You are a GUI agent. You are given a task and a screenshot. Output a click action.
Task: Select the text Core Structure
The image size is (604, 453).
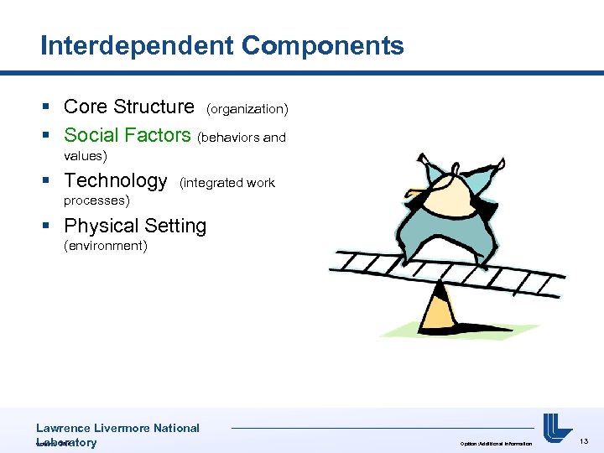pos(128,107)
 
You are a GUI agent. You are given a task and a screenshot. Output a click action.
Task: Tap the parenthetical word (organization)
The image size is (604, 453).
pos(247,109)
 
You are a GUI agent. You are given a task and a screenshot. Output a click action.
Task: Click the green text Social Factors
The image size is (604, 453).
pos(128,135)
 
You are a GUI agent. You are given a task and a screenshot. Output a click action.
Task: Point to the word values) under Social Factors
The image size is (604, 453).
pos(86,156)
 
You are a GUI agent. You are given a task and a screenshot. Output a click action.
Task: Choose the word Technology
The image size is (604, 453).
pos(116,180)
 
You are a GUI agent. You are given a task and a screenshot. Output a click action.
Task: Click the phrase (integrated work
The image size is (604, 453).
pos(227,183)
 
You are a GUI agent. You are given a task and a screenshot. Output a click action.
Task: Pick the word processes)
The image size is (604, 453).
pos(96,201)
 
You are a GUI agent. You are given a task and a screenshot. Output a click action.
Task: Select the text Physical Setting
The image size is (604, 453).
pos(135,226)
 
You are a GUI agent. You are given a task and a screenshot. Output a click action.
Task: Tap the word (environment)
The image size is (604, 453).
pos(106,247)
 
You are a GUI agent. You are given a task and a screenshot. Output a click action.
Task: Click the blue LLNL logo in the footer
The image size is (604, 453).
pos(557,428)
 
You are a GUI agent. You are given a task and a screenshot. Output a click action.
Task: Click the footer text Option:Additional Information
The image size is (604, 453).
pos(496,443)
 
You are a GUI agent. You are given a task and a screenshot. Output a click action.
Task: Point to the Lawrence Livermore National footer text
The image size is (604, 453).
pos(117,428)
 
